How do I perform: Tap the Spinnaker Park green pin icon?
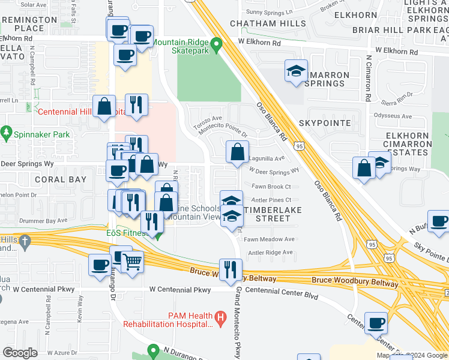point(7,131)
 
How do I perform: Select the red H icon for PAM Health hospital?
point(220,316)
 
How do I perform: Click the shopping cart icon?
point(132,262)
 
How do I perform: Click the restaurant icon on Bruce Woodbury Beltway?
point(231,271)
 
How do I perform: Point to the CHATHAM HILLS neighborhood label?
point(268,23)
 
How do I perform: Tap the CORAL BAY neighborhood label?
point(60,179)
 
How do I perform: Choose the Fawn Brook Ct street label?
point(271,187)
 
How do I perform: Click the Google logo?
point(20,352)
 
